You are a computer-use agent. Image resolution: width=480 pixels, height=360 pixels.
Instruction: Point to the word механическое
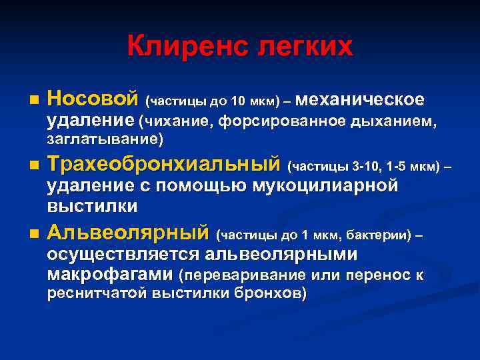coord(359,100)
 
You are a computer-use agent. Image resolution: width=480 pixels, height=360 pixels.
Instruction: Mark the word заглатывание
coord(103,140)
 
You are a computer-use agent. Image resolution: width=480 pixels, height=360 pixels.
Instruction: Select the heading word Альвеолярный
coord(127,233)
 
